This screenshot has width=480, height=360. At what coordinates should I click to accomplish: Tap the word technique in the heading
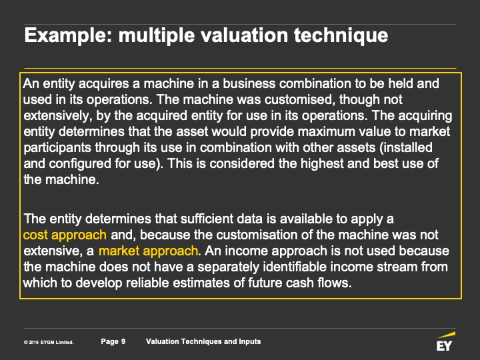[341, 35]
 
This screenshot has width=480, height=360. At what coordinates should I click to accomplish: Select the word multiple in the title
[157, 35]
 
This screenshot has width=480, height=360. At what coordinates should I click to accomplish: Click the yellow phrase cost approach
[65, 235]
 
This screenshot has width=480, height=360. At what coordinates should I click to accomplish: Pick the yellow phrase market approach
[148, 251]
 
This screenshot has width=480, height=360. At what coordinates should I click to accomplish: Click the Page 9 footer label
[113, 341]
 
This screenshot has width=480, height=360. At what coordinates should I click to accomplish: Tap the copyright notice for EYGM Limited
[49, 342]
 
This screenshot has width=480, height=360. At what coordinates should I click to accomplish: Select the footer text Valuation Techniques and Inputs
[203, 341]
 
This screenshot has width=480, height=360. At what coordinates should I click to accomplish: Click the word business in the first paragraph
[249, 83]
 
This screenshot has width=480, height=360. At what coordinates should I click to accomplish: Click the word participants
[57, 148]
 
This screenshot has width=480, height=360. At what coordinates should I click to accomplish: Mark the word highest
[322, 163]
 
